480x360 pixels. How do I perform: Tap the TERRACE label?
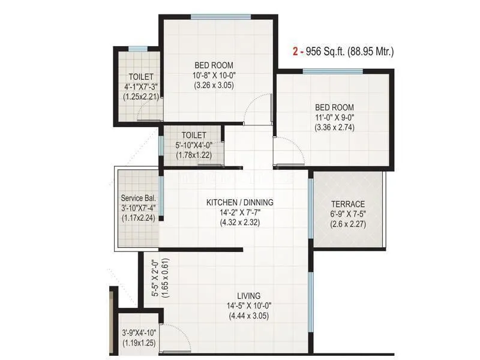tap(347, 204)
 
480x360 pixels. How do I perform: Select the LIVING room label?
tap(248, 296)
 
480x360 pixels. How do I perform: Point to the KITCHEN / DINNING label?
tap(239, 203)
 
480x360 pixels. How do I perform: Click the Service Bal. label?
tap(139, 198)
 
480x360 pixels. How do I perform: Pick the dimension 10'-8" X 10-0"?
tap(214, 75)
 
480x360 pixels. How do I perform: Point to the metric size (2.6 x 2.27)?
tap(347, 224)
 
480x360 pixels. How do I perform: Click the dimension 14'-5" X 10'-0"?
tap(248, 306)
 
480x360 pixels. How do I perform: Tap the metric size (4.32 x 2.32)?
tap(239, 223)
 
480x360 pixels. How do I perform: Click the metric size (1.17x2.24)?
tap(139, 218)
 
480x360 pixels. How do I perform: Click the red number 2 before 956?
tap(295, 52)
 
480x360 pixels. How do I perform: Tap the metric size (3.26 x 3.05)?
tap(214, 85)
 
